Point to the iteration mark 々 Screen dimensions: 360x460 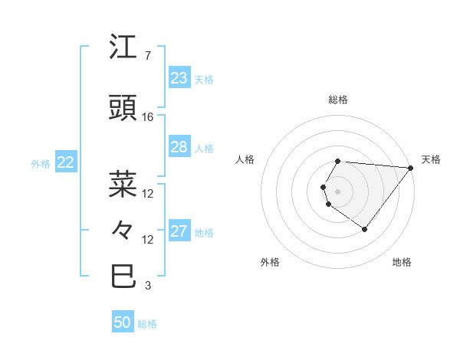point(123,229)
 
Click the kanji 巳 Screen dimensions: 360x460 point(123,276)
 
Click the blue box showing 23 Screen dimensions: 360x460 point(179,78)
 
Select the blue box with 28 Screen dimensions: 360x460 point(179,147)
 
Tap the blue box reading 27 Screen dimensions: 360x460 point(179,231)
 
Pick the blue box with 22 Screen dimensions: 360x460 point(65,162)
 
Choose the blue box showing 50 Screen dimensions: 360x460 point(123,322)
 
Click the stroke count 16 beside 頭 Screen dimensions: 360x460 point(148,117)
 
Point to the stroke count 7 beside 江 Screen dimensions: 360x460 point(147,56)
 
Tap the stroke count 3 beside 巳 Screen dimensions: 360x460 point(147,286)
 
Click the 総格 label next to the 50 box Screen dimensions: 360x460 point(147,324)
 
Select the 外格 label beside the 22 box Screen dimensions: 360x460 point(41,163)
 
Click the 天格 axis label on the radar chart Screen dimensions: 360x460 point(431,159)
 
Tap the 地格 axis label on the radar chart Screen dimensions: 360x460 point(402,262)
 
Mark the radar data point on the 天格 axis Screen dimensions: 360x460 point(411,168)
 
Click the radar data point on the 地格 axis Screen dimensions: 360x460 point(364,229)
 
